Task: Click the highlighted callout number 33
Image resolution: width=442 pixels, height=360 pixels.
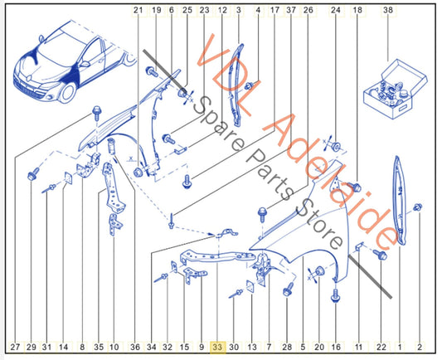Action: click(218, 347)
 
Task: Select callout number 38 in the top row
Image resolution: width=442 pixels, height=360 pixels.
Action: click(388, 10)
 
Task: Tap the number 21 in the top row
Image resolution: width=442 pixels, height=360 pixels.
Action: click(138, 10)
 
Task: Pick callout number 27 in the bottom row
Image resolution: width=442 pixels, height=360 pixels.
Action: click(15, 347)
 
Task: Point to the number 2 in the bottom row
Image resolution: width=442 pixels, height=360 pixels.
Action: click(420, 347)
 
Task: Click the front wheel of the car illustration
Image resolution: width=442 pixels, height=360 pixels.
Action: click(67, 92)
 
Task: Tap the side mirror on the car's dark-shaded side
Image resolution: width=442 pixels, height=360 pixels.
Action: click(84, 64)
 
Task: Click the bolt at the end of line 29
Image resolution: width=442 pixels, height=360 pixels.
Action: click(33, 174)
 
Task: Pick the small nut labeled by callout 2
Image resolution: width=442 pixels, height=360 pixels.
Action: click(418, 207)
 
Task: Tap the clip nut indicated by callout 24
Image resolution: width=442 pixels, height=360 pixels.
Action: click(336, 146)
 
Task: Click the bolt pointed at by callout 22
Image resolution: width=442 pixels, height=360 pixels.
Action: click(381, 255)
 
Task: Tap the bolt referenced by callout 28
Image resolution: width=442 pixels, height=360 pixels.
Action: click(288, 289)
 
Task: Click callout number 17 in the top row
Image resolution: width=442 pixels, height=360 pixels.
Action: click(274, 10)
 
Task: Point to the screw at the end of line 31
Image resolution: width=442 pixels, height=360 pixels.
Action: click(49, 188)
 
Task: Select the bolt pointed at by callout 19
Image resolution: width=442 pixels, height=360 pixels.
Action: click(153, 71)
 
